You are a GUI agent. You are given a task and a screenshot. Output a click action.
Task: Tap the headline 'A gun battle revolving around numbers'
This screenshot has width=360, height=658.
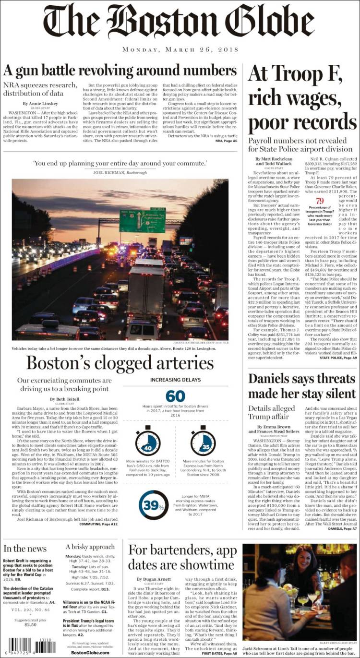pyautogui.click(x=120, y=71)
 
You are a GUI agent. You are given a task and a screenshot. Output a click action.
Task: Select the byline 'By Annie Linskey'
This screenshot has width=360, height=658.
pyautogui.click(x=41, y=104)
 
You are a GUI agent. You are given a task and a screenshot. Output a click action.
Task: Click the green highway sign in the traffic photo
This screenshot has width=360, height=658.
pyautogui.click(x=142, y=220)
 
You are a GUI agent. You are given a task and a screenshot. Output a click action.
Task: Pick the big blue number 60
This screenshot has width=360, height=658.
pyautogui.click(x=175, y=396)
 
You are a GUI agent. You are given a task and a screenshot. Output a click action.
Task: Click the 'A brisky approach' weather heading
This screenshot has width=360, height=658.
pyautogui.click(x=90, y=547)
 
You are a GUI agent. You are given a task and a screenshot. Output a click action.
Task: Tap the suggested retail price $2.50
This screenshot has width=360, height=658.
pyautogui.click(x=30, y=624)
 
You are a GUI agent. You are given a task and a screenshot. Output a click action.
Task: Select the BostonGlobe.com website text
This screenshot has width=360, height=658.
pyautogui.click(x=90, y=653)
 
